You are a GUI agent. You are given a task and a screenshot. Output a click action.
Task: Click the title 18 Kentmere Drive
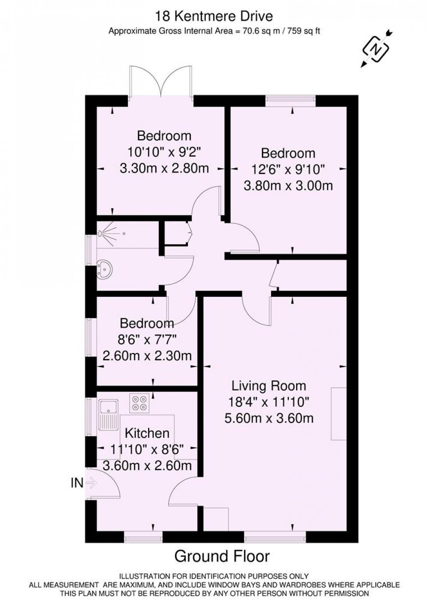point(214,17)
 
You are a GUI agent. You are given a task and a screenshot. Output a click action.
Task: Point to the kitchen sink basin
point(108,406)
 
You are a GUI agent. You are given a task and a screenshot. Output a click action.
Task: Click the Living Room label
point(269,386)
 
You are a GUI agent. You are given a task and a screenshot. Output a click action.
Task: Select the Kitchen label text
point(147,433)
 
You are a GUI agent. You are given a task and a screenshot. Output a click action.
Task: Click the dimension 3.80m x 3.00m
point(288,186)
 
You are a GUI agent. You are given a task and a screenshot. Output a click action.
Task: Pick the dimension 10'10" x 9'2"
point(164,152)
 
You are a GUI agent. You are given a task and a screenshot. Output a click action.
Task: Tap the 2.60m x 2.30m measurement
point(147,355)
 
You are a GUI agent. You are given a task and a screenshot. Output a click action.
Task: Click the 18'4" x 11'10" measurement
point(269,402)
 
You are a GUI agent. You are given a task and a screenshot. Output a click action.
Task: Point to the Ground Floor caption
point(222,556)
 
